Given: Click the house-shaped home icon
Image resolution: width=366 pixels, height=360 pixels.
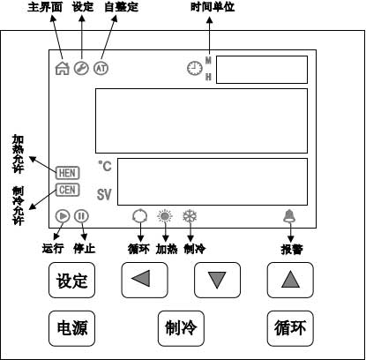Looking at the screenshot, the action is point(63,70).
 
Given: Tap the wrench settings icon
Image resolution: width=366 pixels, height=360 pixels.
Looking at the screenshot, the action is point(81,68).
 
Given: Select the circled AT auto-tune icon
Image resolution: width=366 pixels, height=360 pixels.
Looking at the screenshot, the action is point(101,68).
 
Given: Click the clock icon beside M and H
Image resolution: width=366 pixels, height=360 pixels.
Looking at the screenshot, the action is point(195,68).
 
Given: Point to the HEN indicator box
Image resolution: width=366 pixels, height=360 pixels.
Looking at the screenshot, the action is point(68,173).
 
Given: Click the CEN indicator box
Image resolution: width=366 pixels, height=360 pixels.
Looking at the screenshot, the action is point(68,190).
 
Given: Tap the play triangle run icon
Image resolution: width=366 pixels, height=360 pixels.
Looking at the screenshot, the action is point(63,216).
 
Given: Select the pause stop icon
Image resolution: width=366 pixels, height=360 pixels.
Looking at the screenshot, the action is point(81,216).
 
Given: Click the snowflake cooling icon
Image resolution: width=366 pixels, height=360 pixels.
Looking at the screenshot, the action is point(190,216).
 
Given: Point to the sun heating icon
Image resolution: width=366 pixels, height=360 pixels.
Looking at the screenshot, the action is point(165,216).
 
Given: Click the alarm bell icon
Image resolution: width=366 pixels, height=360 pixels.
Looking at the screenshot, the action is point(289,216).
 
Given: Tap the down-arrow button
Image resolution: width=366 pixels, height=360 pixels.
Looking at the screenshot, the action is point(217,280).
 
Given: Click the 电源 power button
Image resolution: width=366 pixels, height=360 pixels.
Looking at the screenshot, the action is point(71,328).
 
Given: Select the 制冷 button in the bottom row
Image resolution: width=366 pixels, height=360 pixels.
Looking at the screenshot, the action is point(181,328).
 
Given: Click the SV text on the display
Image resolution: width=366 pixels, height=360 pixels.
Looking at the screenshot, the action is point(104,194).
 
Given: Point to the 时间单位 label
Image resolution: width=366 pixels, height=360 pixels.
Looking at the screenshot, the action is point(213,7).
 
